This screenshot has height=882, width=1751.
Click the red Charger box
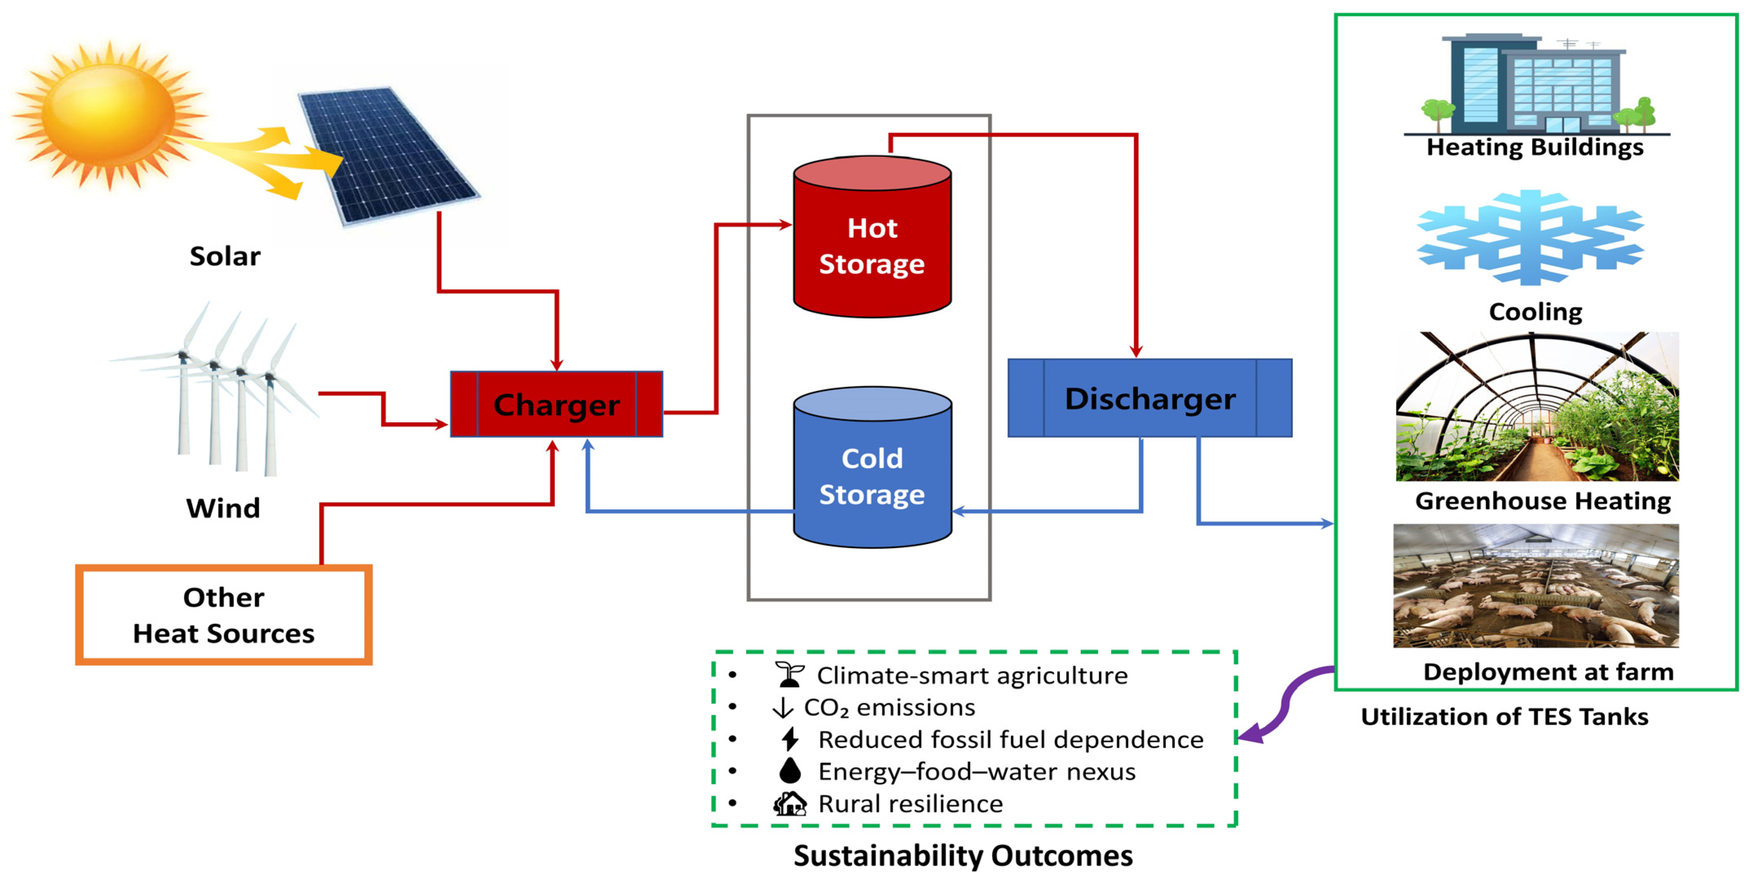[x=556, y=404]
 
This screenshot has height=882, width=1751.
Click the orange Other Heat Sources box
[x=223, y=615]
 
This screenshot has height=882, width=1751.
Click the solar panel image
[x=387, y=155]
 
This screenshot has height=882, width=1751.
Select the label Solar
[x=224, y=257]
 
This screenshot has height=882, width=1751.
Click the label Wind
[x=223, y=508]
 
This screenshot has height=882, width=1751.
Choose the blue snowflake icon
[x=1530, y=238]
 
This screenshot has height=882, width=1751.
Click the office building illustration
[x=1536, y=85]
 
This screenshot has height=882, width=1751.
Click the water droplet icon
[x=790, y=770]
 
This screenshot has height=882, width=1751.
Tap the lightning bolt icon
[x=790, y=739]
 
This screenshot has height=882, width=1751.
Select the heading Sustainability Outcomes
[x=963, y=856]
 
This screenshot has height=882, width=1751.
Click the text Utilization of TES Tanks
[x=1504, y=717]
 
